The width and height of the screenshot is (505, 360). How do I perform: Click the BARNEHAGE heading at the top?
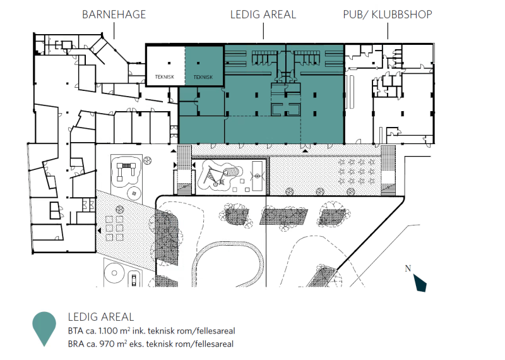[114, 15]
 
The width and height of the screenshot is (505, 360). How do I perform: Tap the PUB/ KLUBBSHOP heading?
[388, 15]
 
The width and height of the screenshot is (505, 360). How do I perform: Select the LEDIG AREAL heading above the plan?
[263, 15]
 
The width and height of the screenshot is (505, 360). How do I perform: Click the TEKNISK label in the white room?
[165, 77]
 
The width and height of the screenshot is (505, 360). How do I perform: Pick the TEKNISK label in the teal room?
[203, 77]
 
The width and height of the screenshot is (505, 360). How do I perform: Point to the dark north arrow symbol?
[420, 283]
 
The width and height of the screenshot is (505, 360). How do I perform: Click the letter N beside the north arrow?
[408, 268]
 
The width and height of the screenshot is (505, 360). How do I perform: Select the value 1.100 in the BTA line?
[109, 331]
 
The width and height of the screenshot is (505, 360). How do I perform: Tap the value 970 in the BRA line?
[107, 344]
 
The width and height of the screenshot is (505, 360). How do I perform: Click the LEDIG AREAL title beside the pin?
[101, 317]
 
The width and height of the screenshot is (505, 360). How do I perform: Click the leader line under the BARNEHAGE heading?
[114, 32]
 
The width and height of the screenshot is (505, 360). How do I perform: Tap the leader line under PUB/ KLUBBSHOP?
[388, 32]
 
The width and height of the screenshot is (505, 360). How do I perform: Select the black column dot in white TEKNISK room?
[169, 63]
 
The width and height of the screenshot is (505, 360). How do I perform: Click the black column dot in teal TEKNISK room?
[198, 63]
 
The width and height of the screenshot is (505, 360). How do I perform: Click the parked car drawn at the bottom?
[134, 279]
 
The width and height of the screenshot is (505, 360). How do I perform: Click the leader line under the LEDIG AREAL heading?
[263, 32]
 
